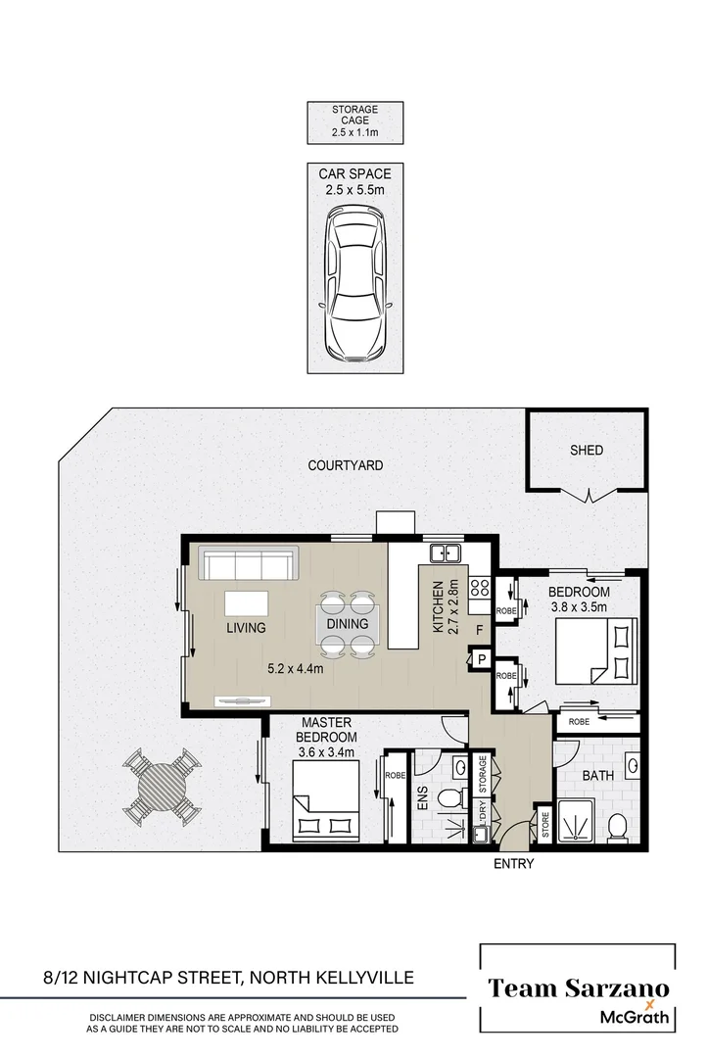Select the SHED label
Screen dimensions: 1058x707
[587, 451]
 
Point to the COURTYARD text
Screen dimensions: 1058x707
[346, 466]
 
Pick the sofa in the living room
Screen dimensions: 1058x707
[249, 564]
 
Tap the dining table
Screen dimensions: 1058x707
[348, 624]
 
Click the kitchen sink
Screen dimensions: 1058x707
[447, 553]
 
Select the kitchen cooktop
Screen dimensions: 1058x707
[480, 588]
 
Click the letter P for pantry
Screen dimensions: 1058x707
[482, 661]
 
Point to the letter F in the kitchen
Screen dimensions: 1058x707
[479, 630]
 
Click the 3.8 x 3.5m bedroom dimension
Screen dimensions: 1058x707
[578, 607]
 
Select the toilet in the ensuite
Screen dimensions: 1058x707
[449, 797]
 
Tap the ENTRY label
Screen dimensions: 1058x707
[514, 864]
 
